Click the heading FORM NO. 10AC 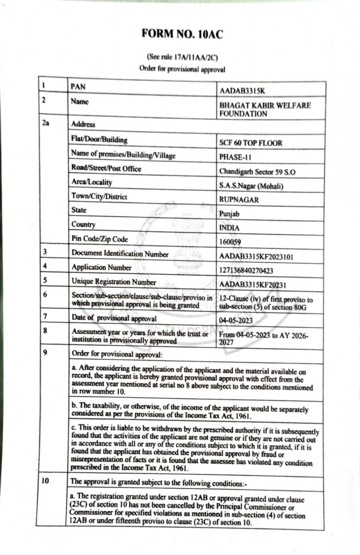click(182, 34)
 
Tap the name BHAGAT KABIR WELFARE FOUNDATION click(265, 109)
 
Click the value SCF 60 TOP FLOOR click(251, 144)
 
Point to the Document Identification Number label click(120, 253)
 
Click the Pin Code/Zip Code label click(99, 238)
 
